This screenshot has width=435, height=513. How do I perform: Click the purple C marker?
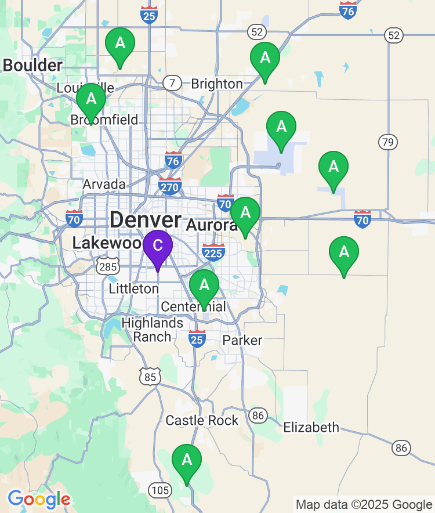click(x=157, y=246)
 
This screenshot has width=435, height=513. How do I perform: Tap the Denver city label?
click(x=145, y=220)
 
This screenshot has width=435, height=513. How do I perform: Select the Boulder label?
click(x=32, y=66)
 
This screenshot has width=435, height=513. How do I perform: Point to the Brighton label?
click(x=217, y=84)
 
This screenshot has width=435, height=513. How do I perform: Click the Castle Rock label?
click(x=202, y=420)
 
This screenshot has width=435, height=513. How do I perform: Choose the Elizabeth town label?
click(x=311, y=428)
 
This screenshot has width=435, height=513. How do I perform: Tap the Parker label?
click(x=242, y=340)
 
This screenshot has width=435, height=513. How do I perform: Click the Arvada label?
click(x=104, y=185)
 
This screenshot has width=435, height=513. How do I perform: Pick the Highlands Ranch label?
click(x=153, y=330)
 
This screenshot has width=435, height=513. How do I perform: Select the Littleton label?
click(x=133, y=288)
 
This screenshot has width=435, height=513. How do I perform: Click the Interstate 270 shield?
click(x=170, y=186)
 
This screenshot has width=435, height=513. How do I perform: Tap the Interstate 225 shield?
click(x=213, y=252)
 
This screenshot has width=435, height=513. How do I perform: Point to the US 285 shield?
click(x=108, y=267)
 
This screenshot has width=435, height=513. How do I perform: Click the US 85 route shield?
click(x=150, y=377)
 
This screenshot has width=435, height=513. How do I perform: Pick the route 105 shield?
click(x=159, y=491)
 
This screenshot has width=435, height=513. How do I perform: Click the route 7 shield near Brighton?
click(x=172, y=83)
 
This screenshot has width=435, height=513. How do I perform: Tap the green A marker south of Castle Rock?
click(x=187, y=460)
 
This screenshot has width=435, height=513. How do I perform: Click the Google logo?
click(x=39, y=499)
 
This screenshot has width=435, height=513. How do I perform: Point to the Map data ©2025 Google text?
click(x=364, y=505)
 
